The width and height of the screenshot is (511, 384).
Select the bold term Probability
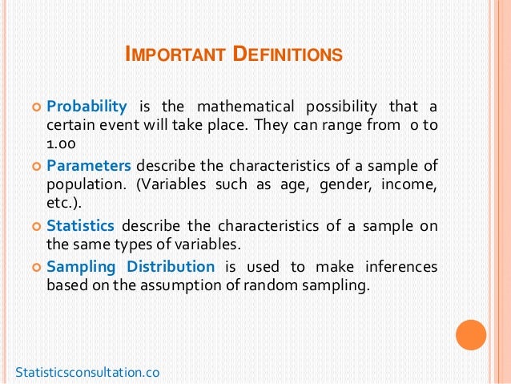tap(87, 107)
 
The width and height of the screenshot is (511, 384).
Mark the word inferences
tap(401, 266)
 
